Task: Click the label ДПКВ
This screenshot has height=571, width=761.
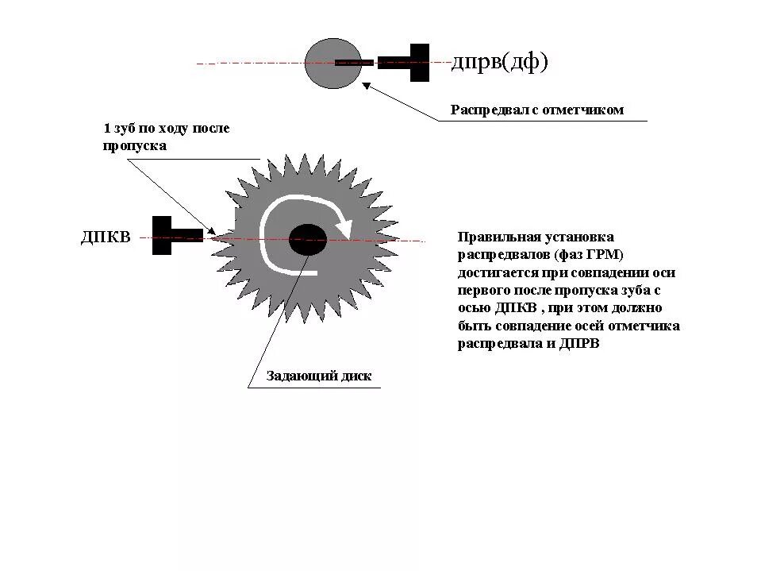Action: pos(105,237)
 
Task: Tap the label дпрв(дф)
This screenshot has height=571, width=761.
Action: pos(500,62)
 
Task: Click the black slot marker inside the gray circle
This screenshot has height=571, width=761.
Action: pos(354,62)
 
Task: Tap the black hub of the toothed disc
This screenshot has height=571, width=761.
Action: pos(307,239)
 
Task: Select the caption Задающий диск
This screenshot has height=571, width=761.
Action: pos(318,376)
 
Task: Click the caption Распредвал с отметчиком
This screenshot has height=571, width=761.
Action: pos(537,110)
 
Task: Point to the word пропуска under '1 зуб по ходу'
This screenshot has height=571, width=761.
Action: pos(134,145)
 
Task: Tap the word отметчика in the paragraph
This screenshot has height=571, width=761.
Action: pos(648,326)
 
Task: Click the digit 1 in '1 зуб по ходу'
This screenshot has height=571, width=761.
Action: pos(106,128)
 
